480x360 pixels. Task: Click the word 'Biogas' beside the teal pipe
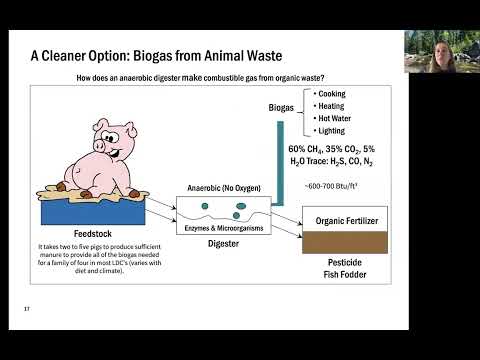287,107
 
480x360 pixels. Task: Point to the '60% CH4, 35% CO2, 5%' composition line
338,149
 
